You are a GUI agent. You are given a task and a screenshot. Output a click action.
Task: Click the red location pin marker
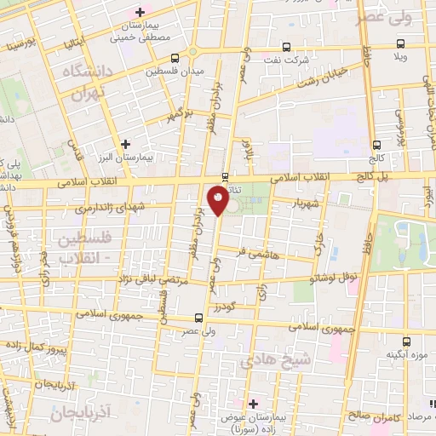218,200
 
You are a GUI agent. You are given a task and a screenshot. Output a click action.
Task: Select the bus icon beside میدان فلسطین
175,58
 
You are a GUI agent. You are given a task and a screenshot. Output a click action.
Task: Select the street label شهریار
304,204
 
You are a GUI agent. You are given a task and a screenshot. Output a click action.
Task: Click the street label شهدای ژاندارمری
112,208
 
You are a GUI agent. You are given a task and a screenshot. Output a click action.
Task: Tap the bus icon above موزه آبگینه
408,340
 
